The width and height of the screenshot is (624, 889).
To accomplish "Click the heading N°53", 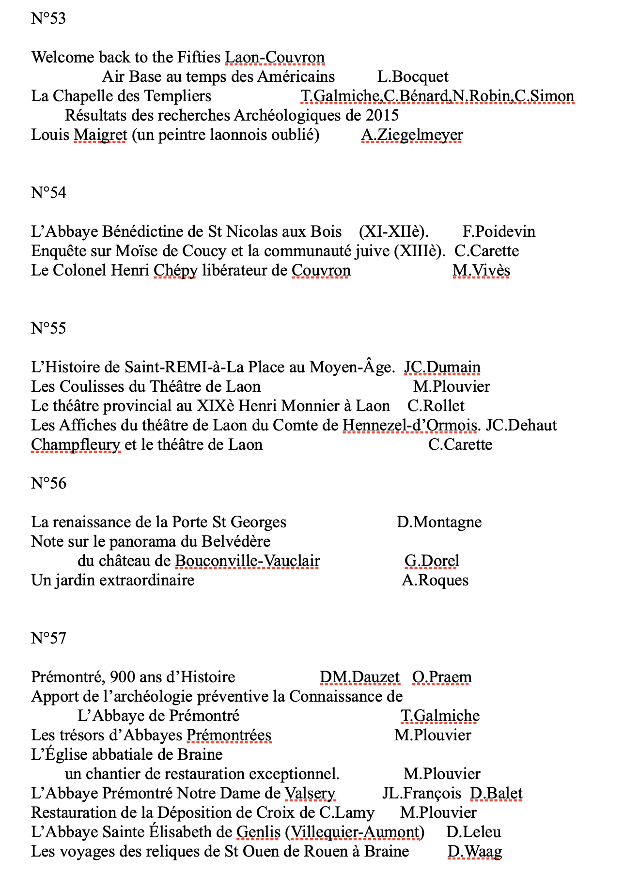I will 48,18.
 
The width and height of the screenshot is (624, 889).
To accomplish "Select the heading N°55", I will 48,328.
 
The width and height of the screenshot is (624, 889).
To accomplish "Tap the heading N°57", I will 48,638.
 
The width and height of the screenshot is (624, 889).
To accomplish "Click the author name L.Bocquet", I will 413,77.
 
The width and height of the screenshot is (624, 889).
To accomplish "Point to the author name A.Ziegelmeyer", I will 412,135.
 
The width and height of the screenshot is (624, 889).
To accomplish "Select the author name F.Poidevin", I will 499,231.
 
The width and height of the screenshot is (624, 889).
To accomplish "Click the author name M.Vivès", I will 481,270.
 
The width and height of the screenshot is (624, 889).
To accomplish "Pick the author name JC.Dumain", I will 442,367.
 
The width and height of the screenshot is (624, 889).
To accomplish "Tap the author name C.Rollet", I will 436,406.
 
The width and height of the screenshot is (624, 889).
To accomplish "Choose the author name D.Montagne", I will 439,522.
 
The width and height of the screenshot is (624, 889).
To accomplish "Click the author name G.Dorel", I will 432,561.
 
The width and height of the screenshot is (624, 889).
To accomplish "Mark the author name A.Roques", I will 435,580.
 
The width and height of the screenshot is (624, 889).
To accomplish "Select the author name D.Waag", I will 474,851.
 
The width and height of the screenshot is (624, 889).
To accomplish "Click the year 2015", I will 382,115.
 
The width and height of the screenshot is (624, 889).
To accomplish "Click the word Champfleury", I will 76,444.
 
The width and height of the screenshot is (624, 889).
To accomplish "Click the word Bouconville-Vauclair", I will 247,561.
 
